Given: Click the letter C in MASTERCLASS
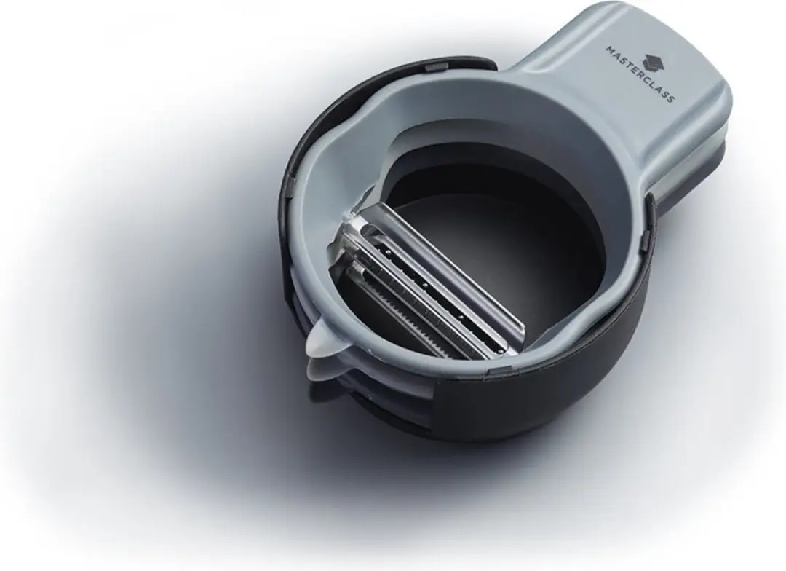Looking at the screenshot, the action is pos(647,80).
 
